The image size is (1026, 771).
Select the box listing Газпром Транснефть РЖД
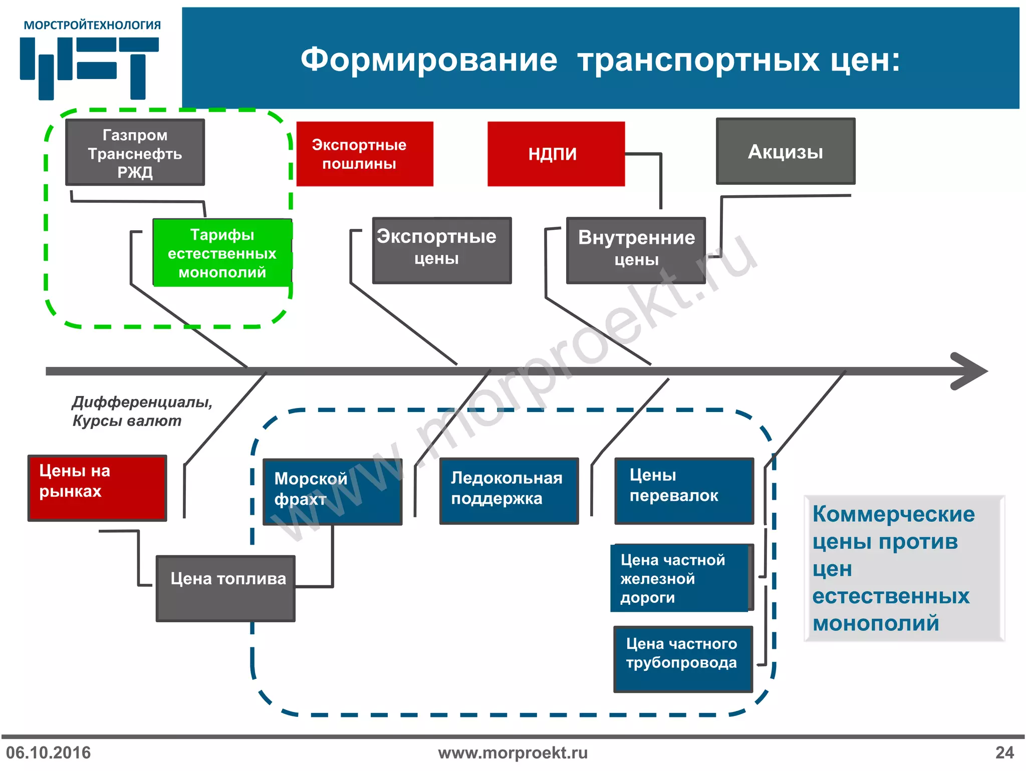tap(135, 153)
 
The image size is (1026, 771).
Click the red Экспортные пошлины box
tap(364, 154)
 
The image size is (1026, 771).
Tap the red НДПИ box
tap(556, 154)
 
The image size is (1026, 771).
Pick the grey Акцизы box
tap(785, 152)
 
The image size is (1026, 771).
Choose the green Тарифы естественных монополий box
tap(222, 253)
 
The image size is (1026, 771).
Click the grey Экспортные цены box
tap(441, 250)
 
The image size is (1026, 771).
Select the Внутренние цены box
tap(636, 250)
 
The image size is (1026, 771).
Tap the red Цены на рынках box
tap(97, 488)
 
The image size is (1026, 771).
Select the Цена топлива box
tap(225, 588)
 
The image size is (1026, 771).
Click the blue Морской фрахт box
tap(332, 492)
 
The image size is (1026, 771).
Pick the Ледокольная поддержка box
tap(508, 491)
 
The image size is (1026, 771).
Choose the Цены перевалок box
tap(684, 491)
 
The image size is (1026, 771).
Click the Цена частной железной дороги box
tap(680, 578)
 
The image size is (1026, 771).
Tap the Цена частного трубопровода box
tap(683, 659)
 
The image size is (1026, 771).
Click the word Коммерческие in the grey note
tap(893, 514)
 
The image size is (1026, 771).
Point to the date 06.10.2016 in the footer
tap(49, 752)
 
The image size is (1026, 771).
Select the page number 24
tap(1004, 752)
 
